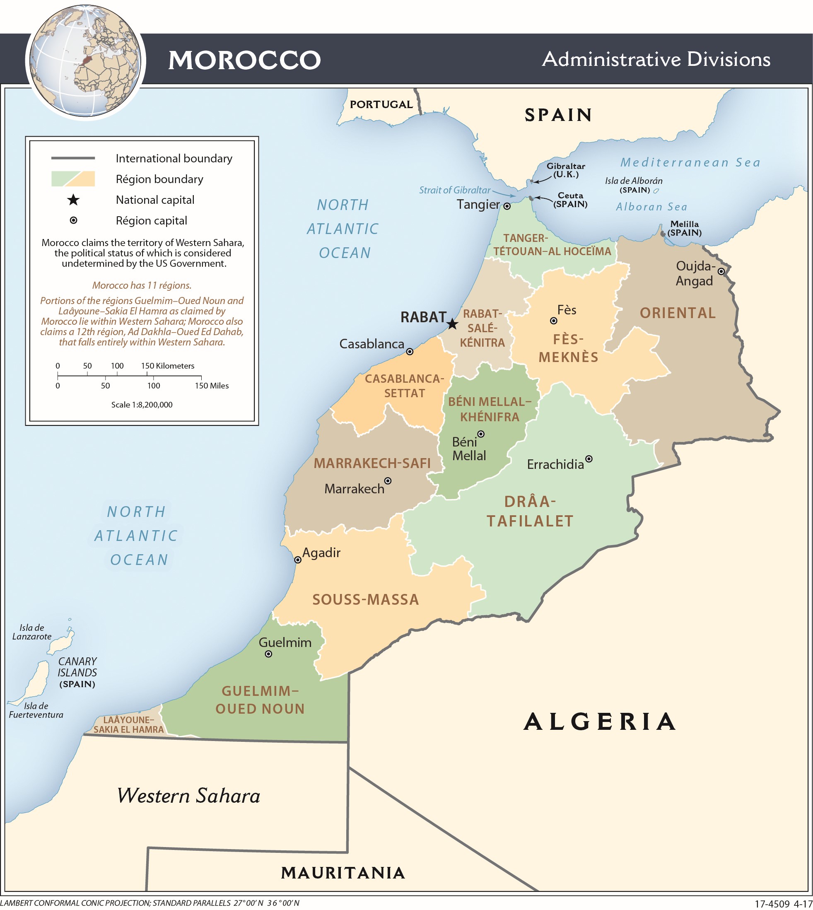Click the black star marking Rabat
click(453, 324)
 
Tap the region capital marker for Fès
click(553, 321)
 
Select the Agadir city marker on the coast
click(298, 560)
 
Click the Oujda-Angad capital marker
click(721, 271)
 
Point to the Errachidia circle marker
click(589, 459)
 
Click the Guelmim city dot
click(268, 654)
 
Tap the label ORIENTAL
click(678, 313)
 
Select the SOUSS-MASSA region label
click(365, 599)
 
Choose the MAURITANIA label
click(343, 872)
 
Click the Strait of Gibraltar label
click(454, 190)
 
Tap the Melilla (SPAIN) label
click(684, 228)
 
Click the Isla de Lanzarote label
click(32, 632)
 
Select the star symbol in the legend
click(73, 200)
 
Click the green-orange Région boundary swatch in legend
click(73, 179)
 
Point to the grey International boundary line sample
click(73, 158)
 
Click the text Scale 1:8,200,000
click(142, 405)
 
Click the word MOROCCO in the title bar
click(244, 60)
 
